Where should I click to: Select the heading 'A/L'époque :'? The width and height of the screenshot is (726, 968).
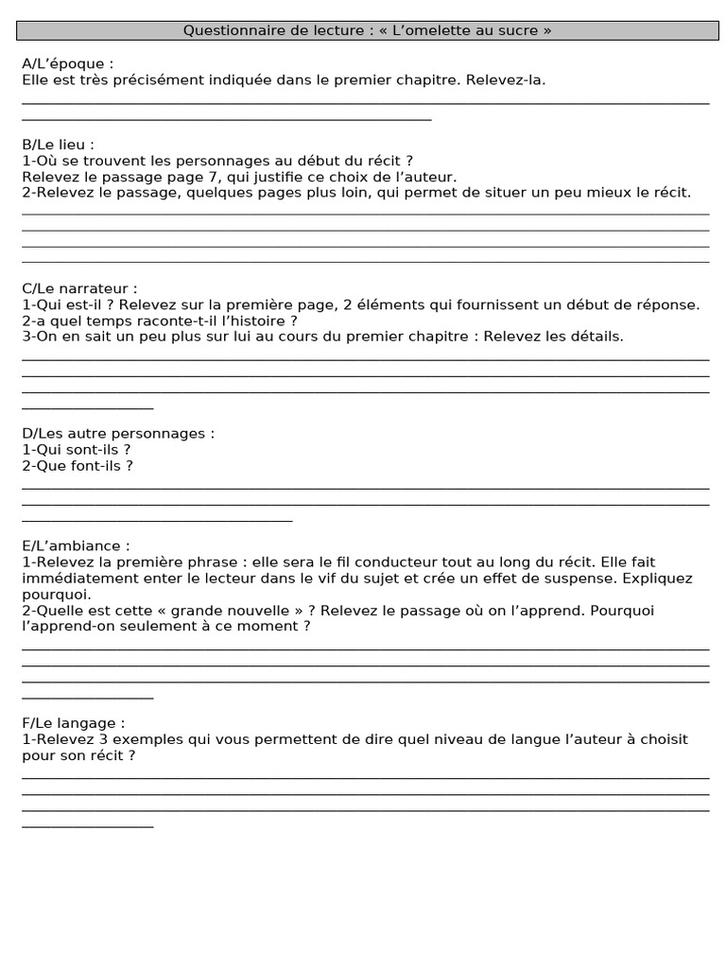pos(68,64)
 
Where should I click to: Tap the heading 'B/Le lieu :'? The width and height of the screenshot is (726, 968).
pos(59,145)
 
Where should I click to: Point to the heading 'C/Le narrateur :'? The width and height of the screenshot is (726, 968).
pos(79,288)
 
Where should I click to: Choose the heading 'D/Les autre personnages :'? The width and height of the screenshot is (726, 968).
pos(118,434)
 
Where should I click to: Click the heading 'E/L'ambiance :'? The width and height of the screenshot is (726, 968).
pos(76,546)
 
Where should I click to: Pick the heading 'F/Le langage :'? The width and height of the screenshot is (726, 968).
pos(73,723)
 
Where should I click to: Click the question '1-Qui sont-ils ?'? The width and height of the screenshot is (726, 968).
pos(76,450)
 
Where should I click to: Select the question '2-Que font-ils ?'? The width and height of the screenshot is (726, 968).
pos(77,466)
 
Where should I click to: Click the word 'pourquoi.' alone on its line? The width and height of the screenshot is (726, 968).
pos(57,595)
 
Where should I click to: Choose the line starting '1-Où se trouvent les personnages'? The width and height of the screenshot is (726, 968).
pos(217,161)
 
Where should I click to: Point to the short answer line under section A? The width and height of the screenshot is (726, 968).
pos(226,119)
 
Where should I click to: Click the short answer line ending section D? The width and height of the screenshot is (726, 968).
pos(157,520)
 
